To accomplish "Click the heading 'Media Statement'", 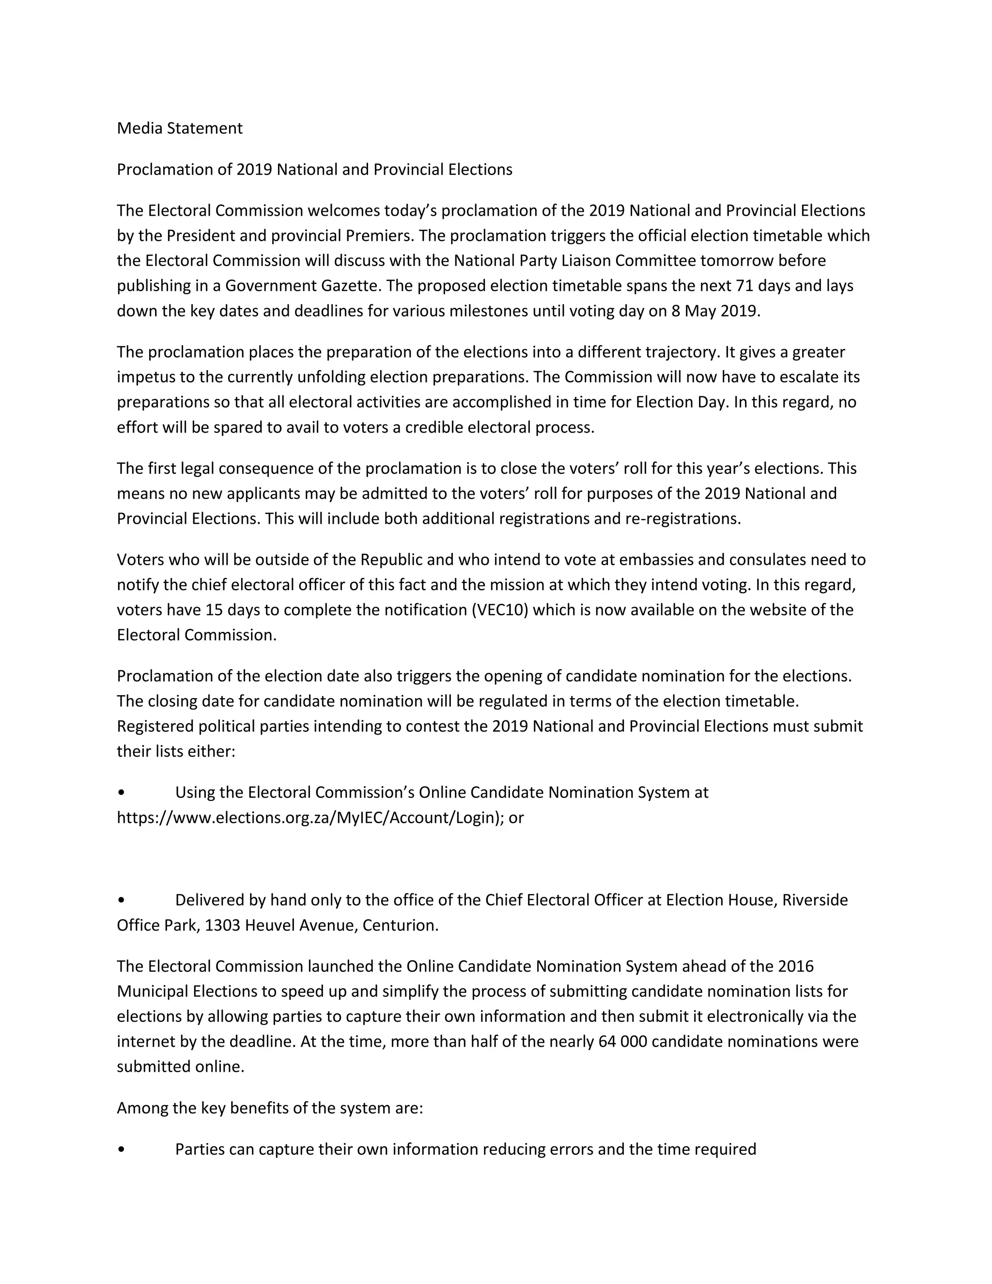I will click(179, 128).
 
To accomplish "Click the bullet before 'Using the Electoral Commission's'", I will click(121, 793).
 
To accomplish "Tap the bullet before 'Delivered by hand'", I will click(121, 900).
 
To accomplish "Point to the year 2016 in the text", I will click(795, 967).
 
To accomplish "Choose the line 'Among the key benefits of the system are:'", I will click(270, 1108).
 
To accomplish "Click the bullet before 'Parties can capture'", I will click(121, 1149).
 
